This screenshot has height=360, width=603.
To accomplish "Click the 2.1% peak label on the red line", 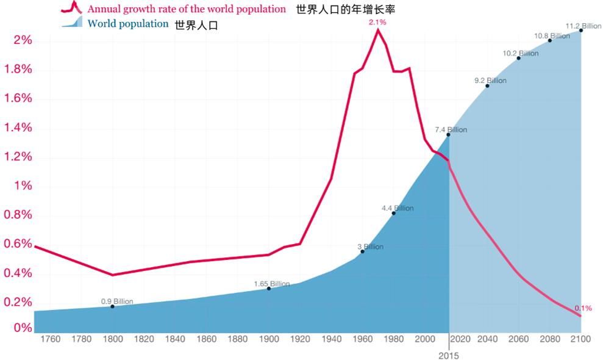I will [377, 22].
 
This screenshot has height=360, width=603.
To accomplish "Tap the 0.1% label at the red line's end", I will [583, 308].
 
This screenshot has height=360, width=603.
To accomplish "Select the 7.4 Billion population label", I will [451, 130].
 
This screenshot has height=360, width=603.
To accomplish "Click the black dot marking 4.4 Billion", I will [393, 213].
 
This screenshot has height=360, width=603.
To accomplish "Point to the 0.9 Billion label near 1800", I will [117, 301].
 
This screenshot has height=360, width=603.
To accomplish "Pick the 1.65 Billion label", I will [272, 284].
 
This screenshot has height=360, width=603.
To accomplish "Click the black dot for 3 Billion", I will [362, 251].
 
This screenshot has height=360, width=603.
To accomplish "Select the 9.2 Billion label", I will [490, 81].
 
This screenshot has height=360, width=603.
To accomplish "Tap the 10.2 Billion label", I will [521, 53].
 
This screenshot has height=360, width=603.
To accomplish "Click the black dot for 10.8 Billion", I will [550, 40].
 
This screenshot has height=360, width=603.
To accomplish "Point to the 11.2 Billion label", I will [583, 26].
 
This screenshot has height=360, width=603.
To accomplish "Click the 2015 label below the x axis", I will [449, 355].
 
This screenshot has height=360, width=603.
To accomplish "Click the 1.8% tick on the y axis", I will [18, 69].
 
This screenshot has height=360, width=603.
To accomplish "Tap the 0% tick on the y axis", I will [23, 328].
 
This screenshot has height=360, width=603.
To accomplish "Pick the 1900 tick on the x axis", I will [269, 339].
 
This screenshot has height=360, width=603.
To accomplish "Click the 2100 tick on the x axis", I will [580, 339].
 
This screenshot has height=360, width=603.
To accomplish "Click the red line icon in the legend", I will [72, 8].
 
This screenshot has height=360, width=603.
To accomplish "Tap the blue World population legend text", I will [127, 24].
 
